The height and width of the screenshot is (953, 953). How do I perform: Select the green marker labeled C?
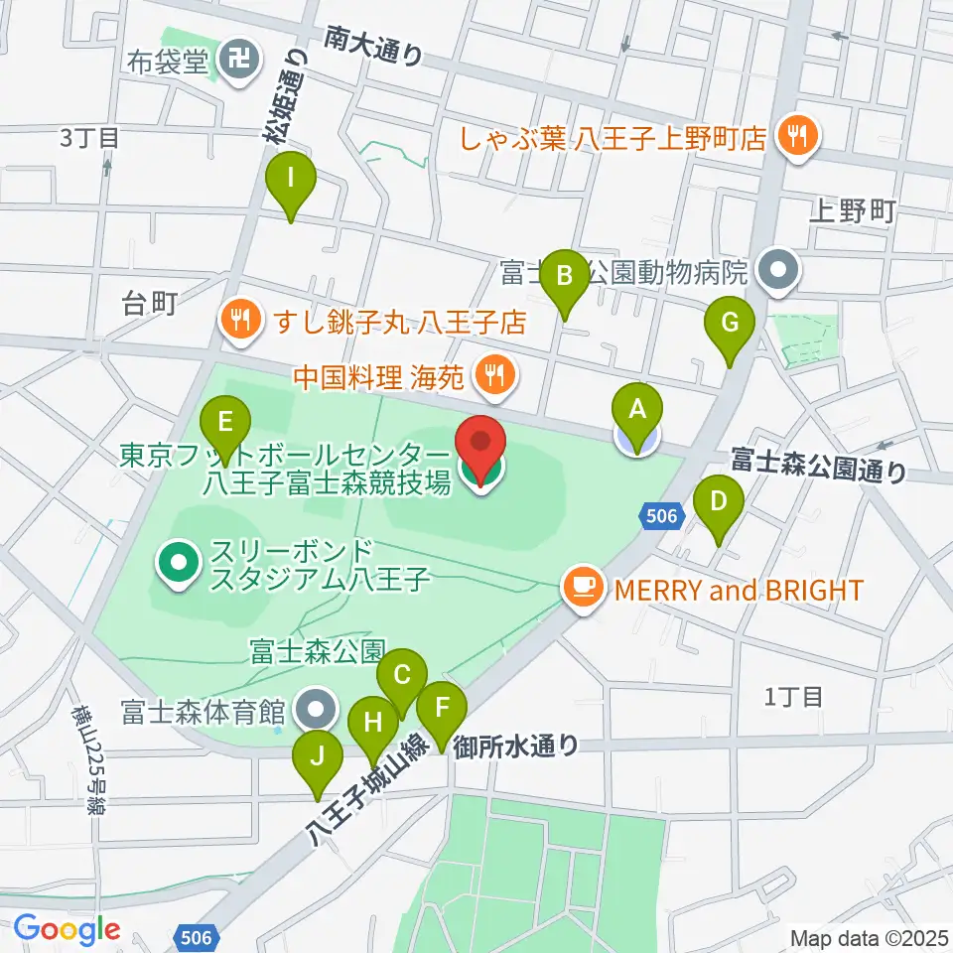(402, 679)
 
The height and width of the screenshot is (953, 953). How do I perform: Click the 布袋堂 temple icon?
(238, 63)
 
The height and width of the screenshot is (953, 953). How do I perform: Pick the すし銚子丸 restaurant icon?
(239, 321)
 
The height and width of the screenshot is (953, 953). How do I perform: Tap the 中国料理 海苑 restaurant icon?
(494, 374)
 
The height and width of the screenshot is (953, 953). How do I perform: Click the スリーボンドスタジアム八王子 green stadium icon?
(179, 563)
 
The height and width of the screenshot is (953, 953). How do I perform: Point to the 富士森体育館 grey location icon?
(317, 710)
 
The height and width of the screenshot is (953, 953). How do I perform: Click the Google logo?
(68, 930)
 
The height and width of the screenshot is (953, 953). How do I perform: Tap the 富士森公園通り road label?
(819, 464)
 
